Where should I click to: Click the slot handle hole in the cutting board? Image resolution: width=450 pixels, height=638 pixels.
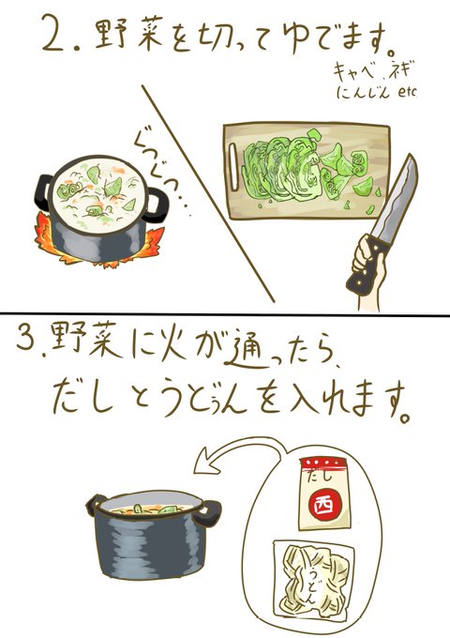click(232, 167)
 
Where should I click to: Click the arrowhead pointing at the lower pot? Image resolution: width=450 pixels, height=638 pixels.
click(202, 463)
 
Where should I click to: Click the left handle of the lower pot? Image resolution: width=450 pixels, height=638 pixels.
click(95, 505)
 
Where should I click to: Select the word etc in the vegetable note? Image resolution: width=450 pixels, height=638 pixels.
click(406, 92)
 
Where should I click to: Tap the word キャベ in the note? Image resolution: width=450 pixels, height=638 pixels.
click(352, 72)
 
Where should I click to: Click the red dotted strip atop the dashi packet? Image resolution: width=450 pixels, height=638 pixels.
click(324, 463)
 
